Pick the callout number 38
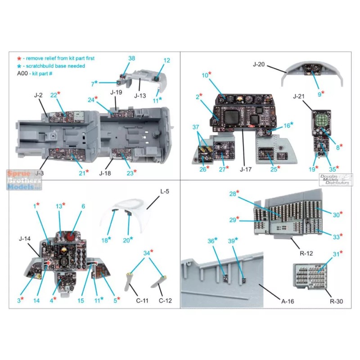(131, 59)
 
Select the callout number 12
(167, 60)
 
